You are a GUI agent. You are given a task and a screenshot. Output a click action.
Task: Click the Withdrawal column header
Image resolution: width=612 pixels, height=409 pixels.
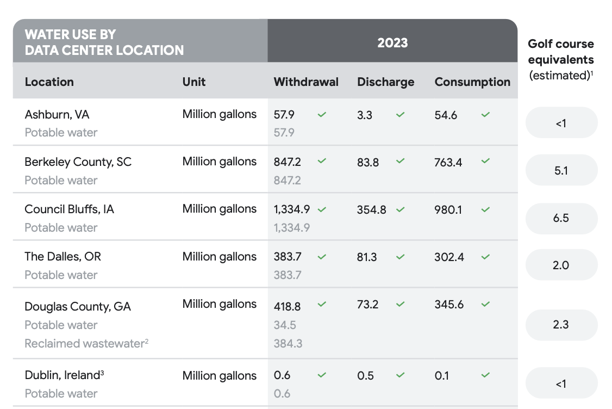[305, 82]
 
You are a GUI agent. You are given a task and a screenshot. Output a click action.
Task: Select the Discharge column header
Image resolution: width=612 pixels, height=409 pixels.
[385, 82]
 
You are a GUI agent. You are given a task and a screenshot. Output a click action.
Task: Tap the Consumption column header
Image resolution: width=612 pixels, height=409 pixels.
[472, 82]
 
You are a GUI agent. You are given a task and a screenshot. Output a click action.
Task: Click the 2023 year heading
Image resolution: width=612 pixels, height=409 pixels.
[392, 42]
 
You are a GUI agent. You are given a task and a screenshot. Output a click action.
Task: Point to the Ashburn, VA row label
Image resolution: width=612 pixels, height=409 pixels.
[57, 115]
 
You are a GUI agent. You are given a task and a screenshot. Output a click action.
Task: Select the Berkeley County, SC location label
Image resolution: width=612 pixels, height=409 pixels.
[78, 162]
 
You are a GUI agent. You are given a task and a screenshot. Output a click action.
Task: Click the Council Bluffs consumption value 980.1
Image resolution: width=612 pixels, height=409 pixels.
[448, 209]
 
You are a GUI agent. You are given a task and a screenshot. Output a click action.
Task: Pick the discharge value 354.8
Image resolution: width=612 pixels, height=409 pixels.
[371, 209]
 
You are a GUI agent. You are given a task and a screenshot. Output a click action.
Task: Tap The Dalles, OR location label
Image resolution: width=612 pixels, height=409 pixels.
[63, 257]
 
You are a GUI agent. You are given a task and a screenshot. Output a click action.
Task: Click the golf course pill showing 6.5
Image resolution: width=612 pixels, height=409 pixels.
[561, 218]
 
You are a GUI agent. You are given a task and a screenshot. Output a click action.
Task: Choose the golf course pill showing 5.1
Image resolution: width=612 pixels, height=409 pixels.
[561, 170]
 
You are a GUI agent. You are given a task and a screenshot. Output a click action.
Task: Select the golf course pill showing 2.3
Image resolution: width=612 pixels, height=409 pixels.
[561, 325]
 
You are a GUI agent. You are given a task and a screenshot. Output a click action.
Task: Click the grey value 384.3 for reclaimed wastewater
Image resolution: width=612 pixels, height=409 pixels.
[288, 344]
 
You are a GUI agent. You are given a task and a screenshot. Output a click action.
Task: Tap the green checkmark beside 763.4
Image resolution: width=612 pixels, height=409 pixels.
[485, 162]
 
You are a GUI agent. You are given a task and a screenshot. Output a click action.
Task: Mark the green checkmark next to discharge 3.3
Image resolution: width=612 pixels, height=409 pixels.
[401, 115]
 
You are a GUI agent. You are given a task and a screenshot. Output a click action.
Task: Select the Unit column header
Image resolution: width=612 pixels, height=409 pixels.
[194, 82]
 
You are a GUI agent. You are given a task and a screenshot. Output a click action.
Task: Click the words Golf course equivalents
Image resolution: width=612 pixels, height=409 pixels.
[560, 52]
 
